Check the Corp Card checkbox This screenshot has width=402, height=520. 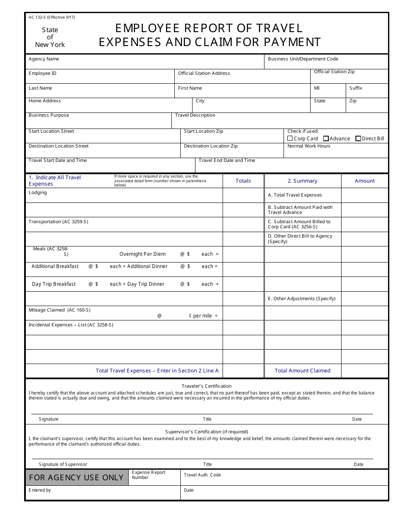click(x=290, y=138)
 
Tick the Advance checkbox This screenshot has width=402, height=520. click(x=326, y=138)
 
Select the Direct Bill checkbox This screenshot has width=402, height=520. click(x=358, y=138)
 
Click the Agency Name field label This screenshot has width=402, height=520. click(x=44, y=59)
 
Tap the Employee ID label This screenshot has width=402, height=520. click(x=42, y=74)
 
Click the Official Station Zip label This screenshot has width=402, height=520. click(x=334, y=72)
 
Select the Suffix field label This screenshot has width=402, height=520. click(x=356, y=88)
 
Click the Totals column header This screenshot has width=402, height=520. click(x=243, y=181)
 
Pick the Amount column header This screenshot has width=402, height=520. click(x=365, y=181)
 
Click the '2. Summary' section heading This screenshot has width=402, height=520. click(x=303, y=181)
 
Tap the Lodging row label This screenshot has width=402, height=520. click(x=38, y=193)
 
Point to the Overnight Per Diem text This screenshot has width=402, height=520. click(x=143, y=255)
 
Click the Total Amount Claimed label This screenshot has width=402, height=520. click(x=303, y=371)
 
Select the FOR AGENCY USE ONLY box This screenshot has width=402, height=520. click(x=77, y=478)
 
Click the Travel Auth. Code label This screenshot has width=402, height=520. click(x=202, y=475)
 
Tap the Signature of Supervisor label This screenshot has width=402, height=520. click(x=63, y=464)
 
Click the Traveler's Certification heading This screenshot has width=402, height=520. click(x=207, y=386)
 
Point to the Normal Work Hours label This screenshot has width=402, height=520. click(x=309, y=146)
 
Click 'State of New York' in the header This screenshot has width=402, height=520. click(x=50, y=37)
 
